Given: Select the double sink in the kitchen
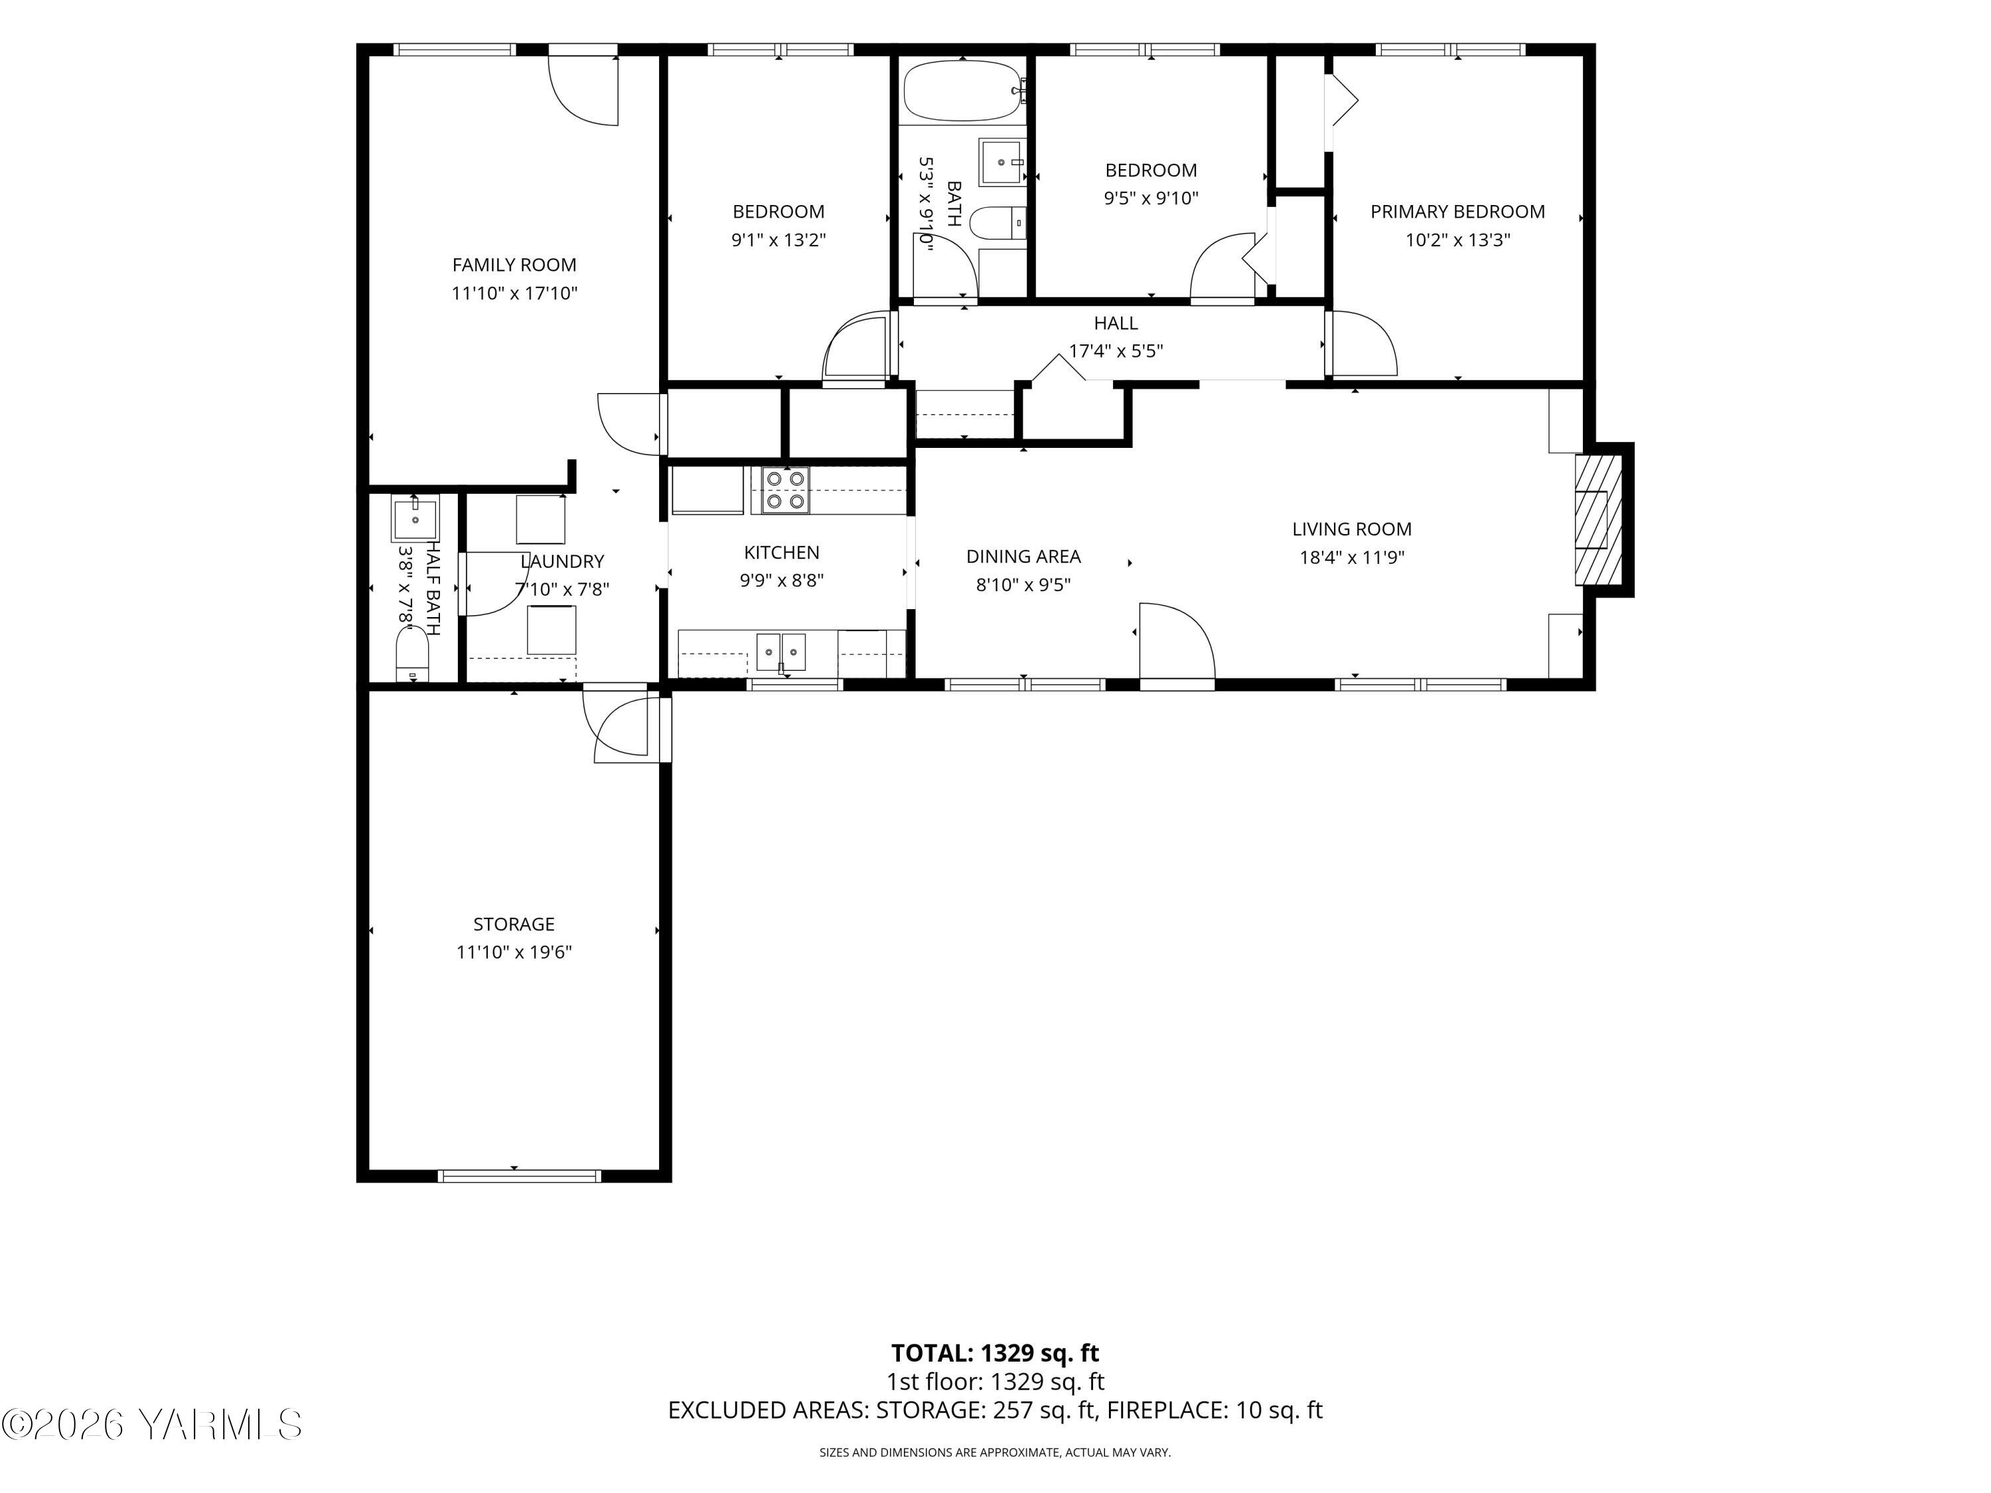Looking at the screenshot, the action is pos(780,652).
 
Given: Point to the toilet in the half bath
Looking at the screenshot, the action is pos(413,654).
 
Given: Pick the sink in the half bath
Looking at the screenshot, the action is pos(415,520).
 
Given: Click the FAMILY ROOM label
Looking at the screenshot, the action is pos(514,265).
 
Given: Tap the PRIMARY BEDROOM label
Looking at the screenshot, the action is pos(1457,212).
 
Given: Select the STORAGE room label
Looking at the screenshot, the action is pos(514,924).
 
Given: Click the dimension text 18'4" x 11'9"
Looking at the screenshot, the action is pos(1352,557).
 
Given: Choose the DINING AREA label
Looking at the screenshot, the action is pos(1023,556).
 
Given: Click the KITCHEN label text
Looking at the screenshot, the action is pos(781,553).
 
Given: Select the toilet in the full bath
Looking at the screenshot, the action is pos(1001,222).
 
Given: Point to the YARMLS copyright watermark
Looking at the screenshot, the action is pos(151,1424).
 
